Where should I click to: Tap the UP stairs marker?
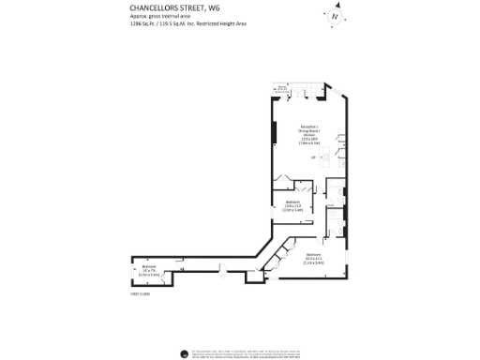[312, 157]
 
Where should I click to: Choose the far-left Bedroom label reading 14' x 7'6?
[150, 270]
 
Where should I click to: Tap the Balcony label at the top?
[281, 89]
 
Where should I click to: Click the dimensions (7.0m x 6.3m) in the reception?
[308, 143]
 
